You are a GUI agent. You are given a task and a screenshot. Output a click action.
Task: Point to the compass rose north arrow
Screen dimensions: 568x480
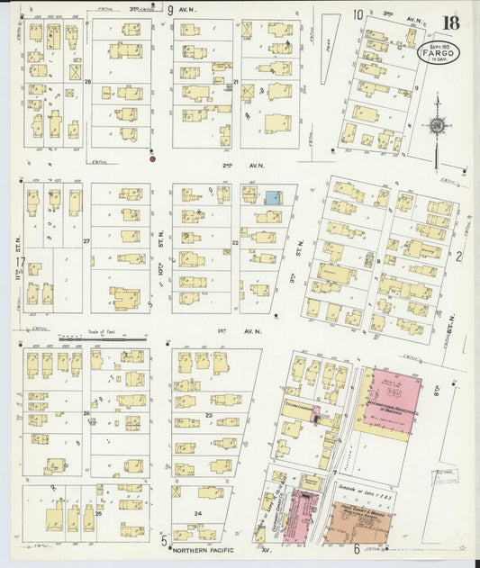437,127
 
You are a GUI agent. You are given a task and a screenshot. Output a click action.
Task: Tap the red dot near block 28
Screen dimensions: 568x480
152,159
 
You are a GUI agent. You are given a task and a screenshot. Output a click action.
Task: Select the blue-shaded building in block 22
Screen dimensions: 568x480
272,197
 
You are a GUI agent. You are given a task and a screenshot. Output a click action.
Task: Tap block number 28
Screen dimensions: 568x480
88,82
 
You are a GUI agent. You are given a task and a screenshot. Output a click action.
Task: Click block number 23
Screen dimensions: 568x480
208,414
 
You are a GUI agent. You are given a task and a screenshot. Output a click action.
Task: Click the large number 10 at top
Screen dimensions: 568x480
358,14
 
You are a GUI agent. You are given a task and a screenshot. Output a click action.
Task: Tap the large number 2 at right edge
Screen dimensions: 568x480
458,257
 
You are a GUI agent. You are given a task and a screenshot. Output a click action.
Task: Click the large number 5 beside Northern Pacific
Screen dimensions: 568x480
164,542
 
